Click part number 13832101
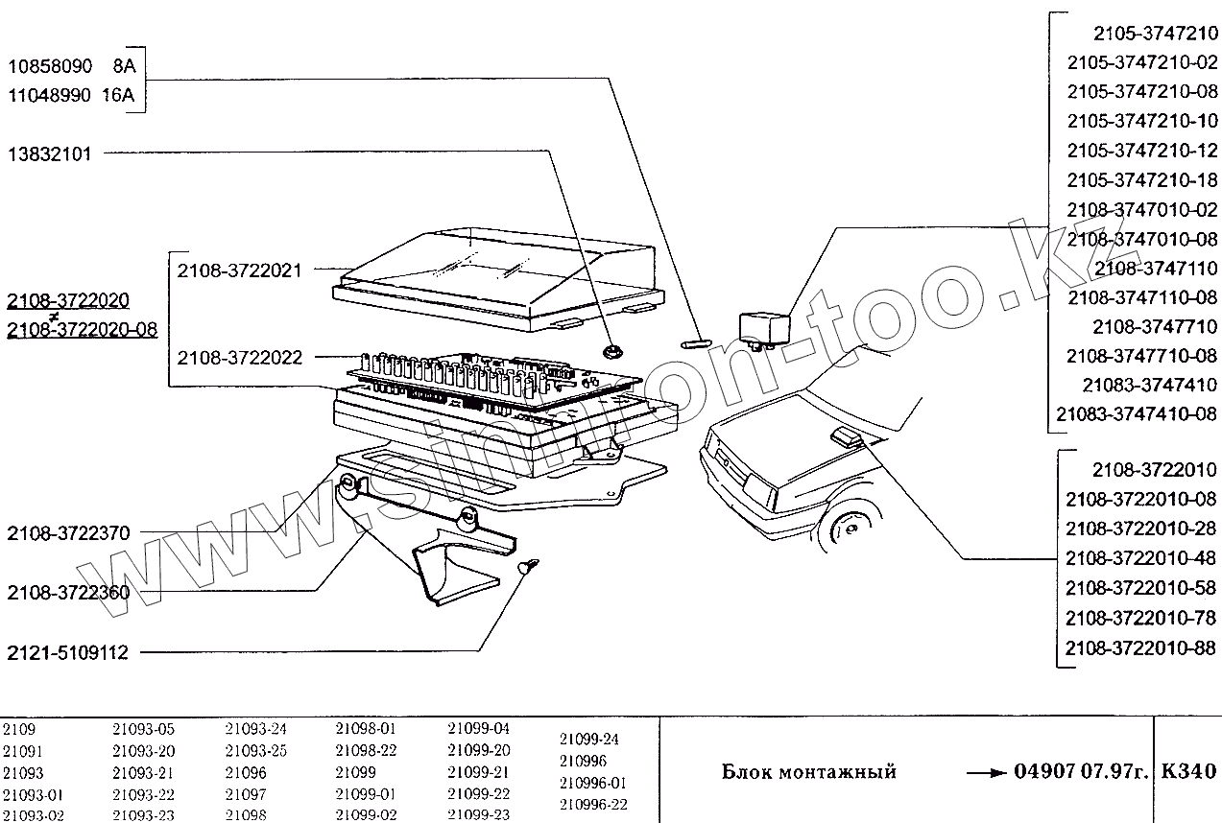[x=50, y=154]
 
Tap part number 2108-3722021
[x=239, y=270]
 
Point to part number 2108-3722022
[x=239, y=358]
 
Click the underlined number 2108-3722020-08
[x=82, y=330]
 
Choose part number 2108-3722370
[x=68, y=532]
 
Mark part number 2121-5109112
[x=67, y=652]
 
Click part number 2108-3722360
[x=68, y=593]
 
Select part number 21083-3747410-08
[x=1136, y=414]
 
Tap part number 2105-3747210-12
[x=1141, y=152]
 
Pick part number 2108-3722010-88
[x=1140, y=647]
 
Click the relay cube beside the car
[x=763, y=326]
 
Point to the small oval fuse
[x=694, y=341]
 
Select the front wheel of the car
[x=848, y=529]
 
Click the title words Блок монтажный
[x=808, y=772]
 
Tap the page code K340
[x=1188, y=771]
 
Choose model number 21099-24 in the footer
[x=588, y=739]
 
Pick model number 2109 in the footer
[x=18, y=729]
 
